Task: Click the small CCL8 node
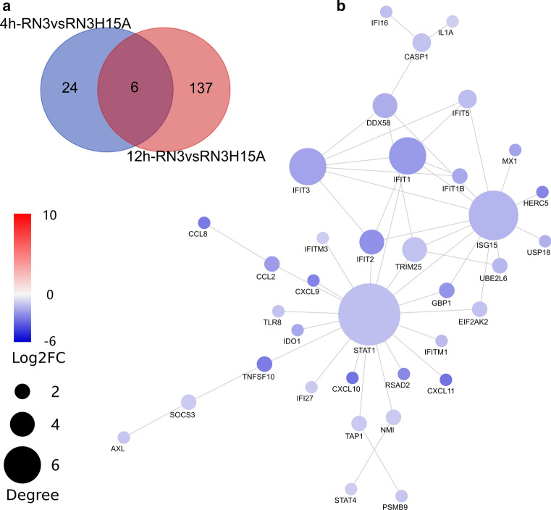pos(203,223)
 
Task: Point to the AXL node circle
pos(124,437)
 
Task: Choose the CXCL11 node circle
pos(446,378)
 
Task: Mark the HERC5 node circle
pos(542,192)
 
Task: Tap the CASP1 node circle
pos(422,42)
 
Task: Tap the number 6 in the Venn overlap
pos(135,88)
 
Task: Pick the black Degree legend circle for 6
pos(22,465)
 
